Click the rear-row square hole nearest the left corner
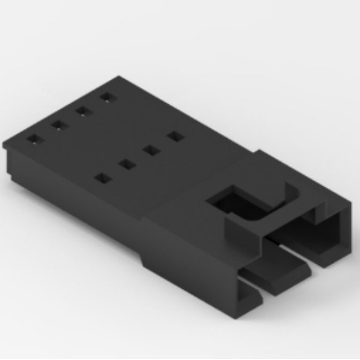coord(34,139)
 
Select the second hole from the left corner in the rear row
coord(59,125)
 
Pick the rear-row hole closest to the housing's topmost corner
coord(108,97)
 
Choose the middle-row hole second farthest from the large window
coord(126,164)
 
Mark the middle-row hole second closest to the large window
coord(151,150)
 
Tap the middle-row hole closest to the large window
coord(175,136)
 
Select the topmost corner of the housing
coord(119,78)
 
